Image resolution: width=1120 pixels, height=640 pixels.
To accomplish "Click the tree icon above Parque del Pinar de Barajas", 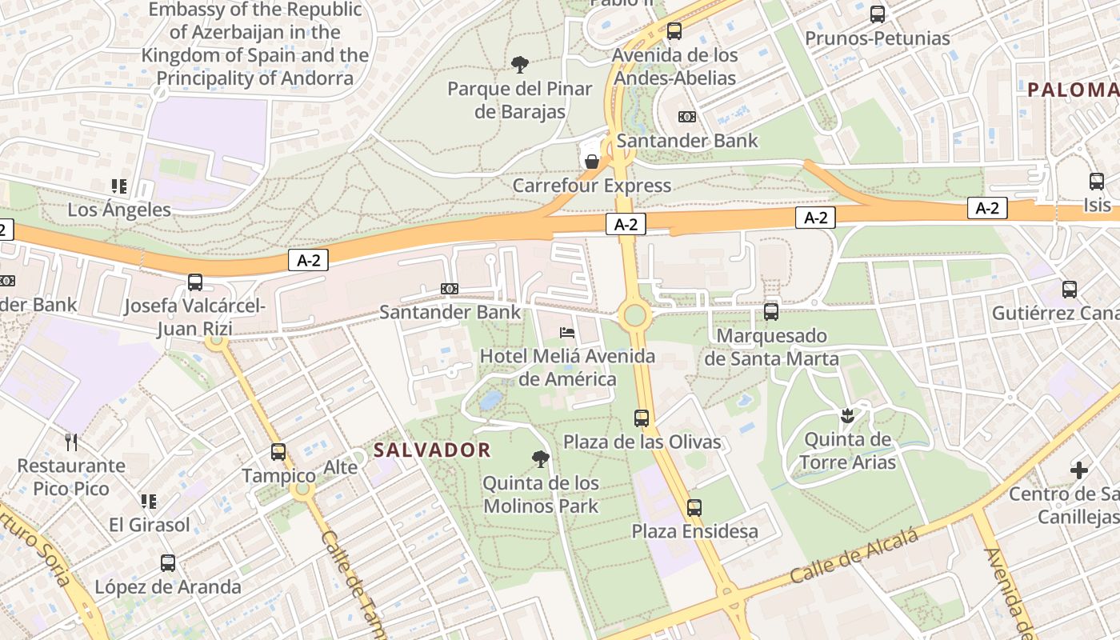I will tap(520, 63).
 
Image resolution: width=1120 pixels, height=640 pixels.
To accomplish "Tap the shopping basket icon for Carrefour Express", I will tap(592, 162).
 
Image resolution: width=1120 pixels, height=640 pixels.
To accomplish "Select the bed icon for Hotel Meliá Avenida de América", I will tap(566, 332).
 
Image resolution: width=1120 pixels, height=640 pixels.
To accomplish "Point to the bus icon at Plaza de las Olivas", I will tap(642, 418).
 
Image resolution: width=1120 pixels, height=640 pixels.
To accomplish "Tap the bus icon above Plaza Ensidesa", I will tap(694, 507).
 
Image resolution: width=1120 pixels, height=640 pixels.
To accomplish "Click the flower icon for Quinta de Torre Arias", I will tap(847, 415).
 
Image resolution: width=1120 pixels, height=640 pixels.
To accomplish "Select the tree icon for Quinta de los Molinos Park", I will tap(541, 458).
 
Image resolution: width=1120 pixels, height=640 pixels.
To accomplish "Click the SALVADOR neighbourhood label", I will tap(432, 450).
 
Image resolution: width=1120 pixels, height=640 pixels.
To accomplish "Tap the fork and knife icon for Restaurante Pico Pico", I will tap(72, 442).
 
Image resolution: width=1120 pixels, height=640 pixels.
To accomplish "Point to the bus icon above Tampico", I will tap(278, 452).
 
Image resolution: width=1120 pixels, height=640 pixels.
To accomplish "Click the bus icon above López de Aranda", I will tap(167, 562).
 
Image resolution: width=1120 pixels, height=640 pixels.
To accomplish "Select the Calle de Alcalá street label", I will tap(854, 557).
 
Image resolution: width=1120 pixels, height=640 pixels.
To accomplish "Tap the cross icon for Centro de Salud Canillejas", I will tap(1079, 470).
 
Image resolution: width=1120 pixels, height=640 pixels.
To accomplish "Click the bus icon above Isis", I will tap(1096, 182).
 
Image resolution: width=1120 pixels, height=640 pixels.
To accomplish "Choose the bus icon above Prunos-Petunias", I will tap(878, 14).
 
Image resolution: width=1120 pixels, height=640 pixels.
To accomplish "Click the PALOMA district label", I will tap(1073, 90).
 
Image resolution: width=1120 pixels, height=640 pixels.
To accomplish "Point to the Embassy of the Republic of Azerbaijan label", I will tap(254, 44).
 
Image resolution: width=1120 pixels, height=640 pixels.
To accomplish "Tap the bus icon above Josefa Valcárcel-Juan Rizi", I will tap(195, 282).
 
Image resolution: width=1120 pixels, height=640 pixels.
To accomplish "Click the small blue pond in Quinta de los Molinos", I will tap(491, 398).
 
